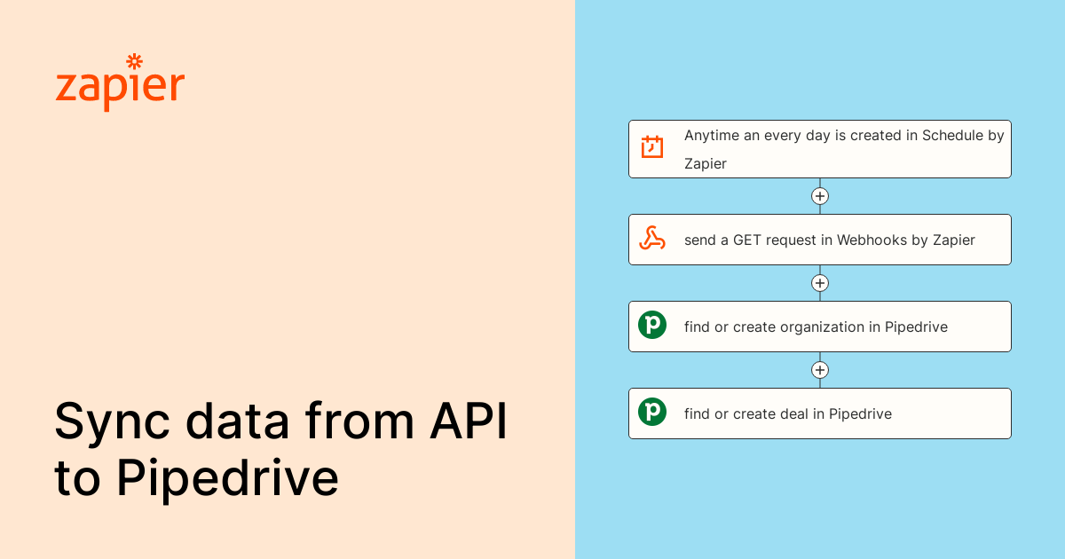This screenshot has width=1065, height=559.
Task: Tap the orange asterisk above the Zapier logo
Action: tap(135, 61)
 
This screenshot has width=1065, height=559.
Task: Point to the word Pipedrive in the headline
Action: tap(227, 478)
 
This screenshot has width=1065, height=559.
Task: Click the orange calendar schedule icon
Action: tap(652, 147)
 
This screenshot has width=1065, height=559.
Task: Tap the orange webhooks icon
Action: tap(652, 239)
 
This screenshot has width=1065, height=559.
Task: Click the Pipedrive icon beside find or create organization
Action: tap(652, 326)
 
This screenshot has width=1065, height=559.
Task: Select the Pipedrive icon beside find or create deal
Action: tap(652, 413)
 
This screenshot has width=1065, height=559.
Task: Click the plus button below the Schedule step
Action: tap(820, 196)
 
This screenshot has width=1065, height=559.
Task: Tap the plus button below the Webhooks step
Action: tap(820, 283)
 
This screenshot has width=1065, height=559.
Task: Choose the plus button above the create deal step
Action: tap(820, 370)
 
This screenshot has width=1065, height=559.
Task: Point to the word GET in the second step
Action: tap(748, 240)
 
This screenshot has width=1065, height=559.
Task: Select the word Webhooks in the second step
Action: tap(872, 240)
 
